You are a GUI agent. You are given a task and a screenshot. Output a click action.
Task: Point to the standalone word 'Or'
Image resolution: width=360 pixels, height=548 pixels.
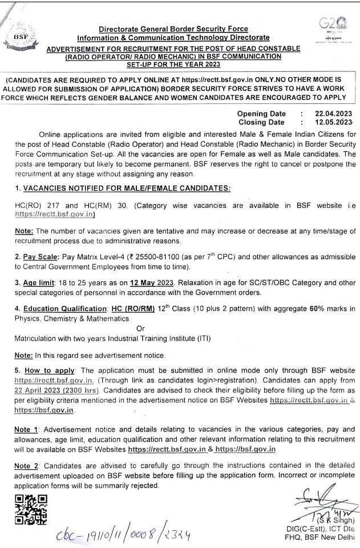[x=141, y=328]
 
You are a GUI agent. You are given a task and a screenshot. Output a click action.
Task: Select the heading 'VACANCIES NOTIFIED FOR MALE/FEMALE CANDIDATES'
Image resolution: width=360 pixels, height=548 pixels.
[x=126, y=188]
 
